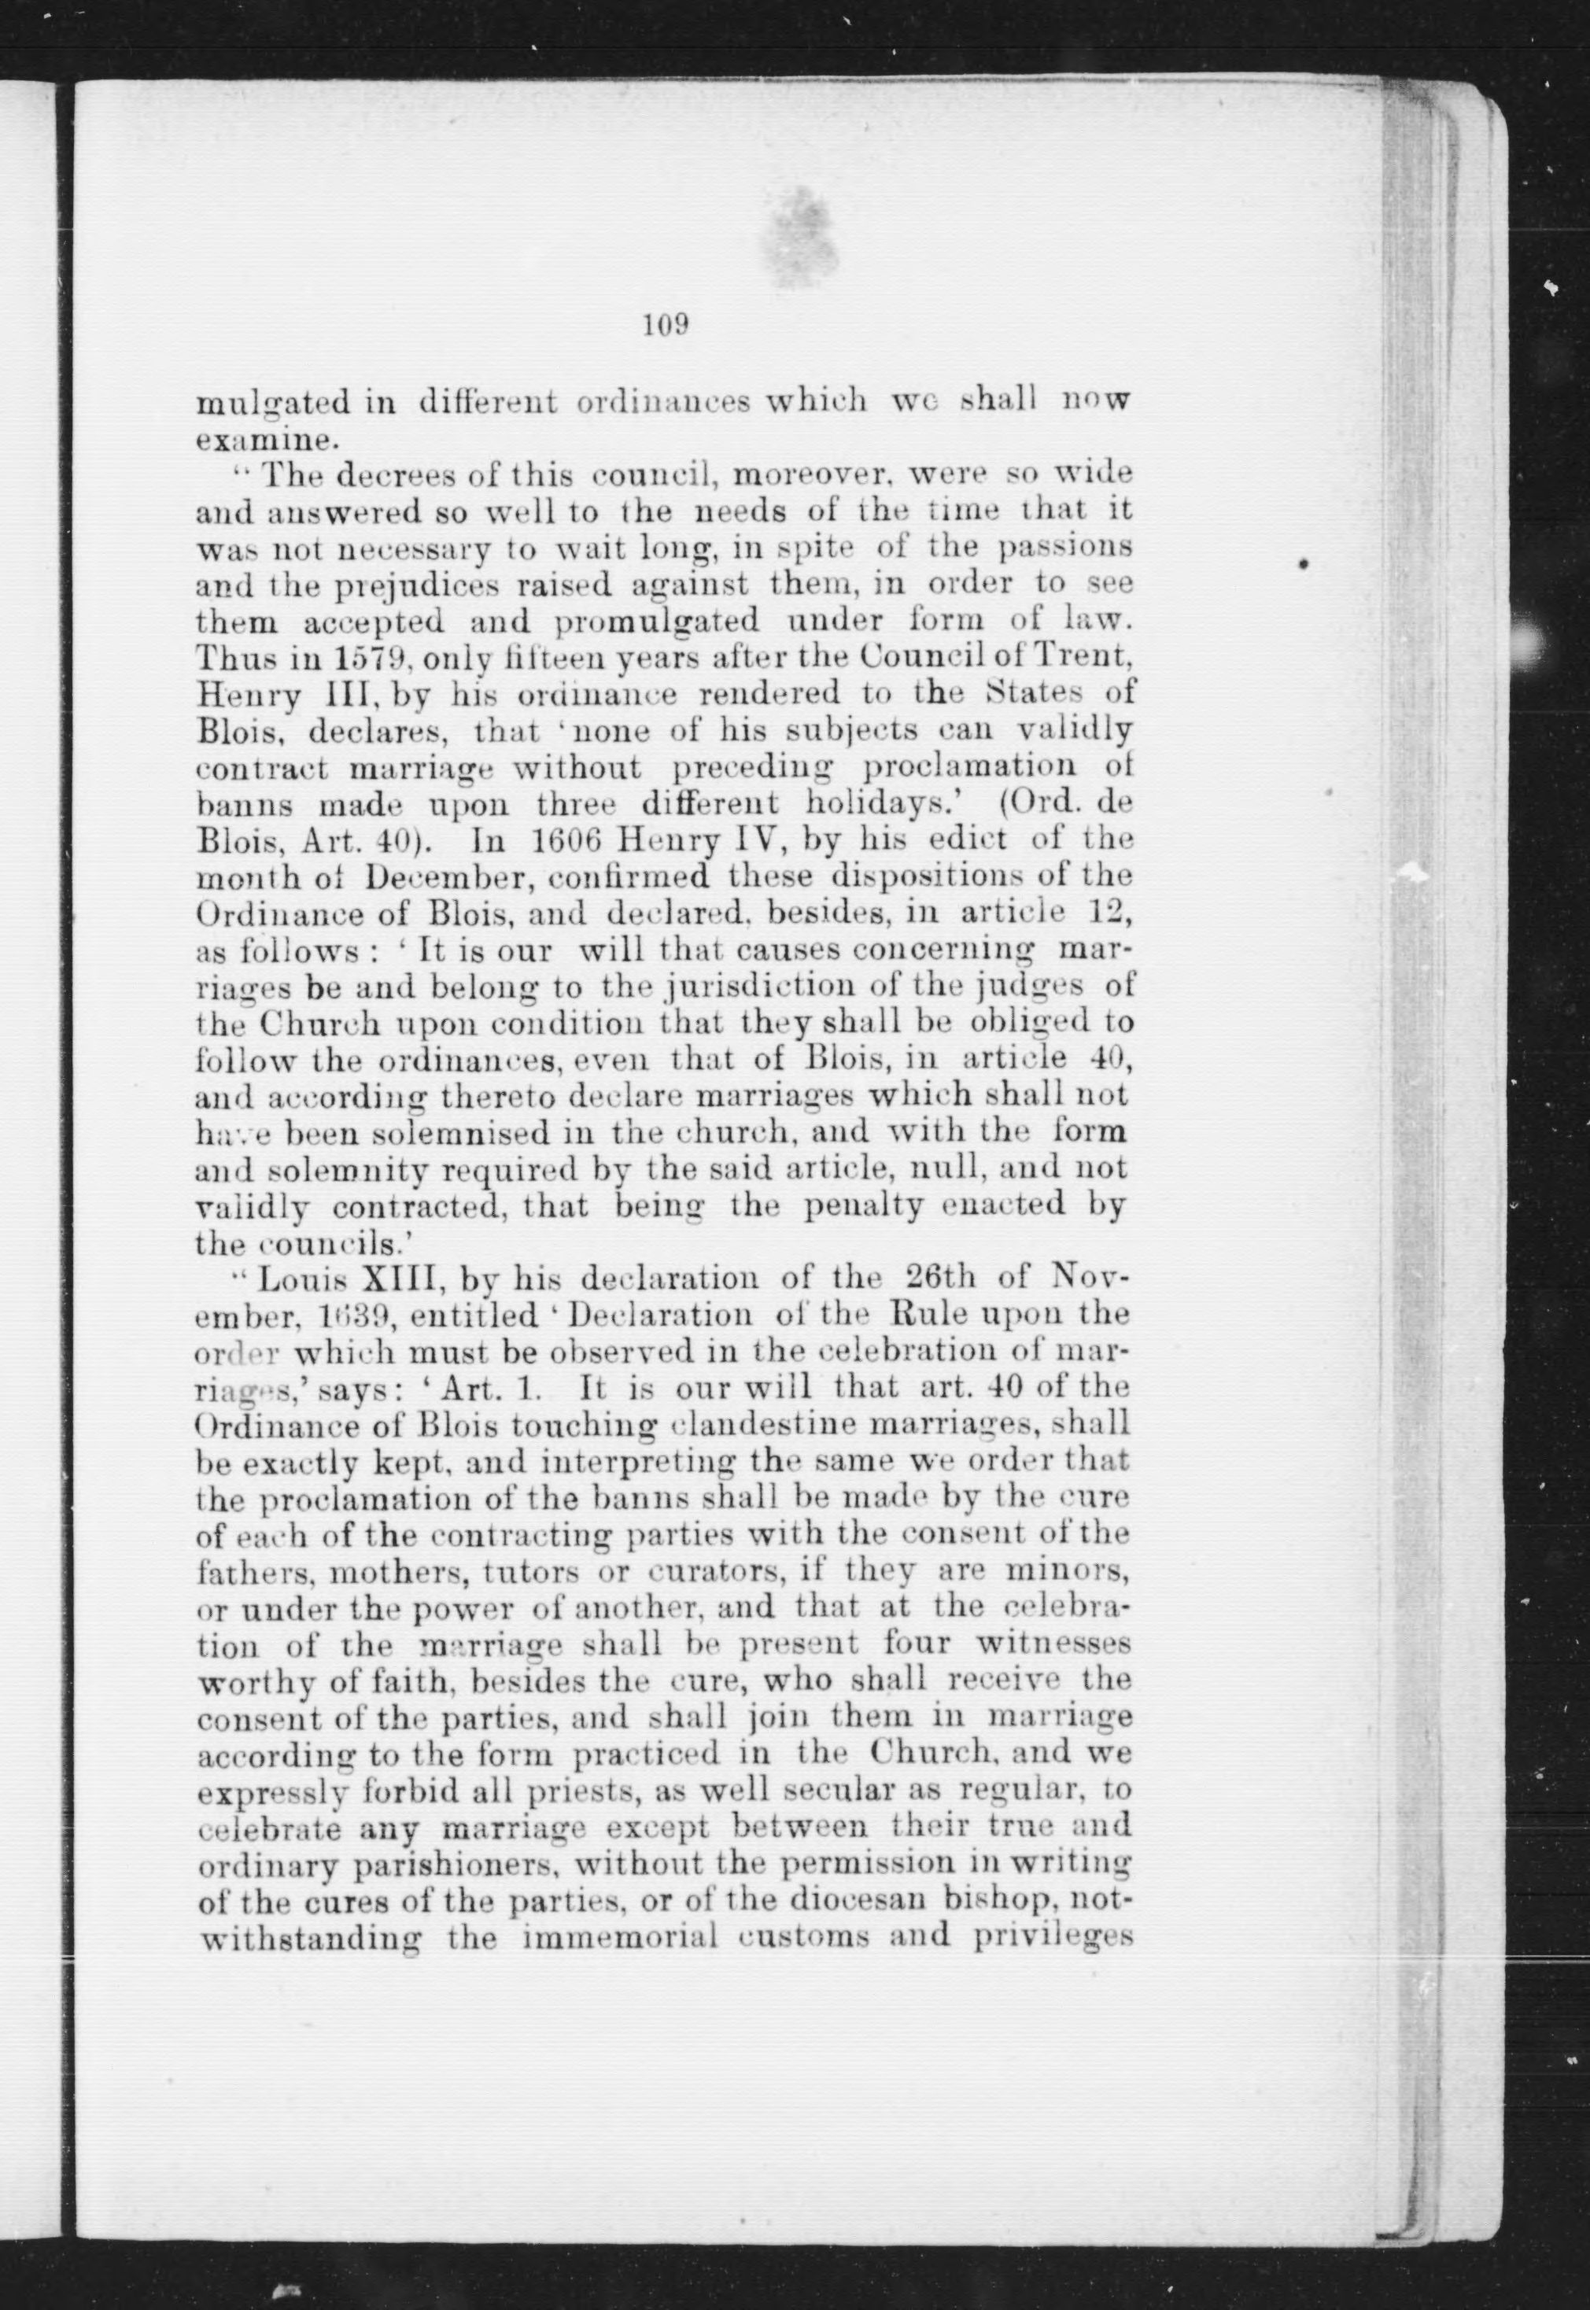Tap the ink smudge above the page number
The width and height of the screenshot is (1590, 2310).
point(802,240)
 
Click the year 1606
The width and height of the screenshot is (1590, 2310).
point(564,839)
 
